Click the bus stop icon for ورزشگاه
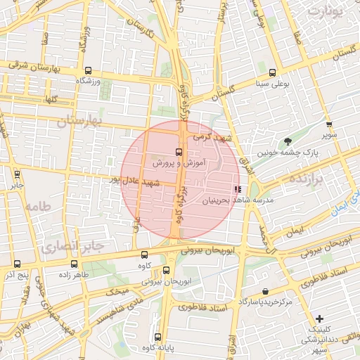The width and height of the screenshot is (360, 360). pyautogui.click(x=88, y=70)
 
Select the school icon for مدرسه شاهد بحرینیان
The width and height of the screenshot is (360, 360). pyautogui.click(x=238, y=188)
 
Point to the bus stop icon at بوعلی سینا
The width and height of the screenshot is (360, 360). pyautogui.click(x=272, y=72)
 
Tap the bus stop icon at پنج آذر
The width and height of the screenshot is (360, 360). pyautogui.click(x=16, y=264)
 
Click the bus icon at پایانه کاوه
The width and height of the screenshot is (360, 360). pyautogui.click(x=157, y=337)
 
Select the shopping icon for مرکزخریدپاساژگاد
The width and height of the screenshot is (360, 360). pyautogui.click(x=264, y=291)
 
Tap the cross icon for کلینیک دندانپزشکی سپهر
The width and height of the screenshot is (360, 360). pyautogui.click(x=320, y=319)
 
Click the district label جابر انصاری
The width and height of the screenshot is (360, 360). pyautogui.click(x=72, y=246)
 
